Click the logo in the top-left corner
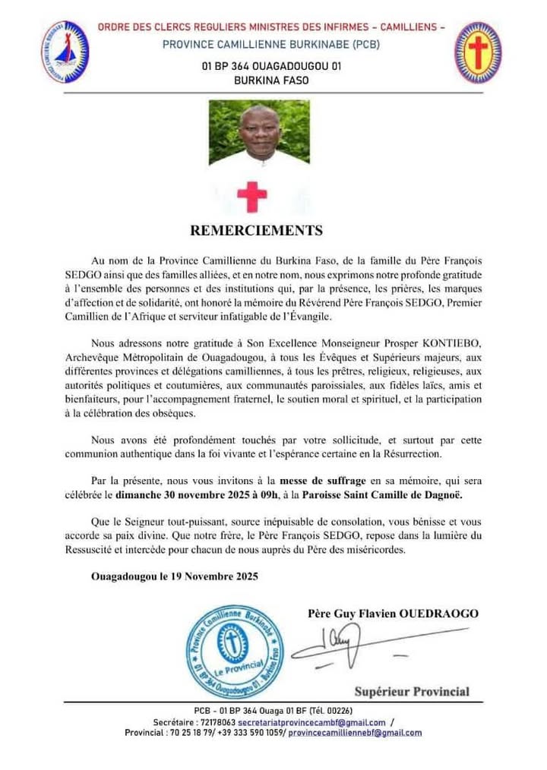click(x=65, y=52)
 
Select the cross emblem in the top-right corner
click(x=478, y=52)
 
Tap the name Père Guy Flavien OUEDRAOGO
click(x=393, y=613)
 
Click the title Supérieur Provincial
click(x=412, y=691)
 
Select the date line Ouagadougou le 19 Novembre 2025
click(x=174, y=576)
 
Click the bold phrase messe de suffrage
click(x=323, y=481)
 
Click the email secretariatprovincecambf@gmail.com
click(x=311, y=722)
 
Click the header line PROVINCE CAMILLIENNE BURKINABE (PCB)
click(x=270, y=44)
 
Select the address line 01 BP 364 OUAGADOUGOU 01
click(x=271, y=66)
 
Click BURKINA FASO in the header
click(x=271, y=80)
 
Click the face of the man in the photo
click(x=260, y=130)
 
